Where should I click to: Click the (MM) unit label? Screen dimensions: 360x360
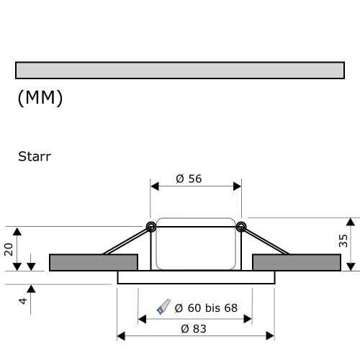point(40,99)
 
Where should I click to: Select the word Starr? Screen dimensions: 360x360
point(35,156)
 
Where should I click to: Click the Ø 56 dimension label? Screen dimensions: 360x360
point(189,179)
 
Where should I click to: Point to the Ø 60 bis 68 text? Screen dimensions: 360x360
point(206,308)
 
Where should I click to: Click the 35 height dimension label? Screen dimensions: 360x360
point(343,240)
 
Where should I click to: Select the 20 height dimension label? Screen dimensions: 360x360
point(9,248)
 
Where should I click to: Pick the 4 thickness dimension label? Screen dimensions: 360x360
point(22,300)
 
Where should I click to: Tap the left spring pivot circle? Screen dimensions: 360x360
point(151,227)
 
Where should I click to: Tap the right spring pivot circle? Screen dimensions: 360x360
point(240,227)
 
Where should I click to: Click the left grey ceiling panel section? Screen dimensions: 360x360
point(93,262)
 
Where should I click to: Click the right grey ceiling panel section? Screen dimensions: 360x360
point(297,262)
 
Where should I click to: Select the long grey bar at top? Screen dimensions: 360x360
point(179,70)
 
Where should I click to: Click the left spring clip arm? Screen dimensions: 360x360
point(126,241)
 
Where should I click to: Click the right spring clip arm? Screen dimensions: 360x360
point(266,241)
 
